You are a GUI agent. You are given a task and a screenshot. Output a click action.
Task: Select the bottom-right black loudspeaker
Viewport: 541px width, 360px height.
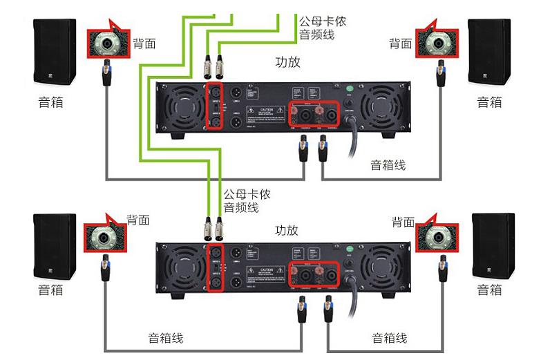click(493, 246)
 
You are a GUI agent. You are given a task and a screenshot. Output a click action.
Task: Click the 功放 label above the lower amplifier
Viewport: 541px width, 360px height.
click(287, 230)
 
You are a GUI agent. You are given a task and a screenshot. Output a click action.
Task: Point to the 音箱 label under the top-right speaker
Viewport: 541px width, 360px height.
click(489, 102)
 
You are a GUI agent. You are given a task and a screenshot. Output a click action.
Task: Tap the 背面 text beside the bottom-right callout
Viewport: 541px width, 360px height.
click(404, 222)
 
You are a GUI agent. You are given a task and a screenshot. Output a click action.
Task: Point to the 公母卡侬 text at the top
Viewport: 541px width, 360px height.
click(322, 21)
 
